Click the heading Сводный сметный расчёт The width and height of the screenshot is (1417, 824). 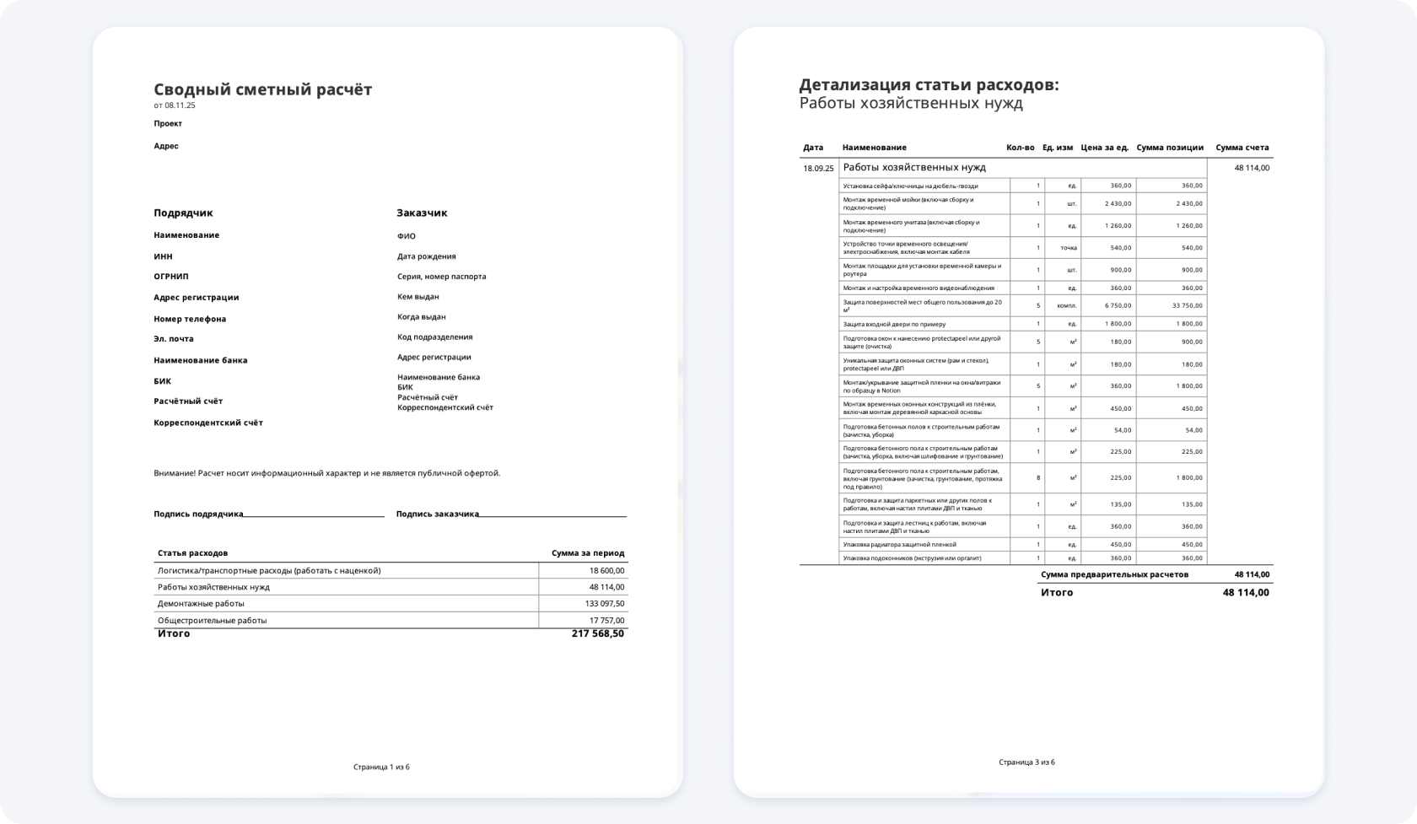coord(262,89)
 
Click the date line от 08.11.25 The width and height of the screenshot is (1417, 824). coord(175,105)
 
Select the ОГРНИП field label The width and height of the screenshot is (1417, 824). coord(171,277)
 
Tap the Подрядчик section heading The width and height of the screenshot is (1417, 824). coord(183,213)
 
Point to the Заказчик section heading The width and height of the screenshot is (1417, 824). coord(422,213)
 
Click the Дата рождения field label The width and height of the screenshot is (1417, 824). coord(427,256)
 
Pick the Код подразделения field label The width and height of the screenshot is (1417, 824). coord(435,337)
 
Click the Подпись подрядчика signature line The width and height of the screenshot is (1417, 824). coord(314,514)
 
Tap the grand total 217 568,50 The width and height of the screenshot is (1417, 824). coord(598,633)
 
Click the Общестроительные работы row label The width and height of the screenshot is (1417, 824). coord(212,621)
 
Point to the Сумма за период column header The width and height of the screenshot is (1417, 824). coord(588,553)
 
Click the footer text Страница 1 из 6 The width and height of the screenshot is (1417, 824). coord(381,767)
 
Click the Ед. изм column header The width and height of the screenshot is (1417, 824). coord(1058,148)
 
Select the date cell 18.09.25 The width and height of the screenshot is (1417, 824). coord(818,169)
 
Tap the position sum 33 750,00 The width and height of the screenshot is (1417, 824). coord(1188,305)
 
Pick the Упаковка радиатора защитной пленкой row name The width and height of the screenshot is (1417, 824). coord(899,545)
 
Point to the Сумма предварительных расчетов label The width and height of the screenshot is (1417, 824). coord(1114,574)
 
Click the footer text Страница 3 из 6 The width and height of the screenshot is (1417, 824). coord(1026,762)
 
